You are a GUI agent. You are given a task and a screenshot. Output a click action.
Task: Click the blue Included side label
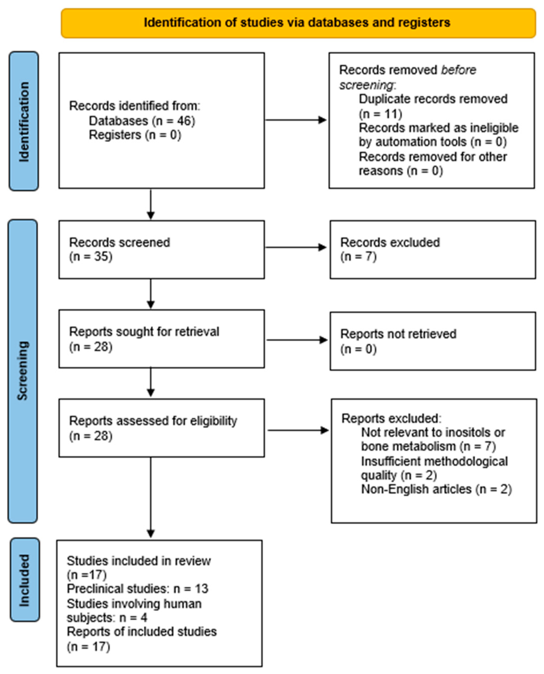[x=25, y=580]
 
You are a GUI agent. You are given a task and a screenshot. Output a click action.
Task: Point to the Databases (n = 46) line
[x=142, y=121]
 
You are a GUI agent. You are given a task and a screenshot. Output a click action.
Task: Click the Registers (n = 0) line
[x=135, y=135]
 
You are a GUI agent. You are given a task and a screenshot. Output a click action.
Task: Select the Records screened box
[x=161, y=249]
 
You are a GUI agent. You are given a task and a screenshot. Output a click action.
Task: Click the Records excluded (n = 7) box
[x=433, y=249]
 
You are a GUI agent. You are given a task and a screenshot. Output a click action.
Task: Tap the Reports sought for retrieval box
[x=161, y=339]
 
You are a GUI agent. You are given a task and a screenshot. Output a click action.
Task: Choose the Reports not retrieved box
[x=433, y=341]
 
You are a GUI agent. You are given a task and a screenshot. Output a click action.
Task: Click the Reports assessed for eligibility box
[x=161, y=428]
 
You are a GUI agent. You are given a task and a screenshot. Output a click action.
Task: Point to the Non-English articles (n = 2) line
[x=436, y=489]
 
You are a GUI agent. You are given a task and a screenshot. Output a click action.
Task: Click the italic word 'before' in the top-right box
[x=458, y=70]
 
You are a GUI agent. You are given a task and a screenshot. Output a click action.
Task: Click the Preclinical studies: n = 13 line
[x=138, y=589]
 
